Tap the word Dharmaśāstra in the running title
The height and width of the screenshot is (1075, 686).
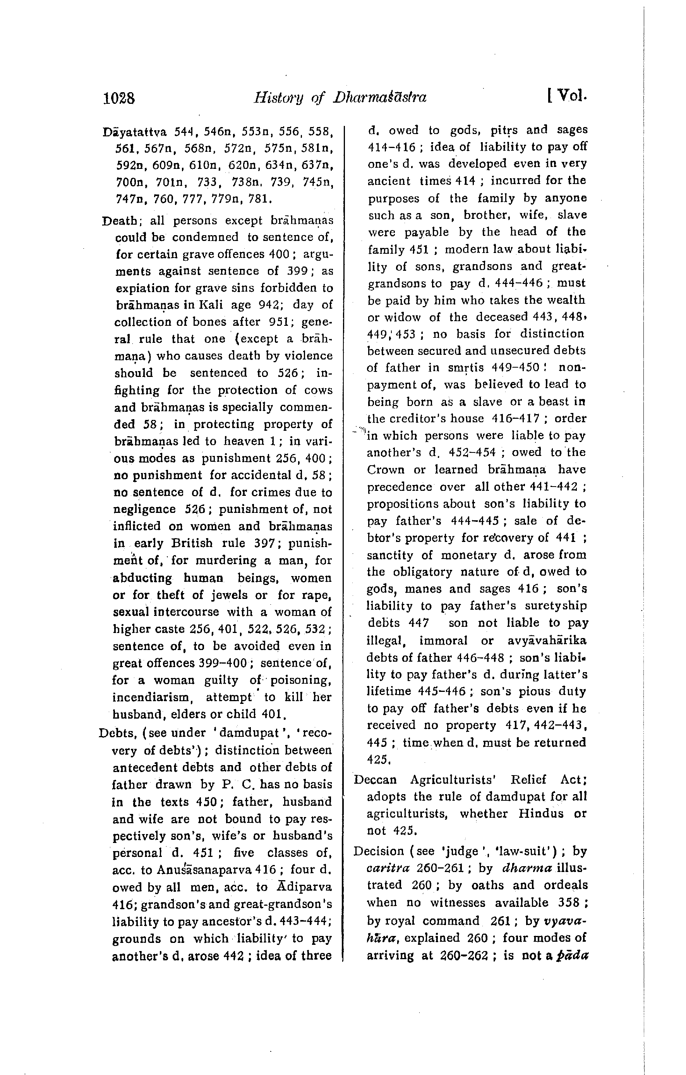pyautogui.click(x=379, y=97)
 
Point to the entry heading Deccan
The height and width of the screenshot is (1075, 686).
pyautogui.click(x=375, y=779)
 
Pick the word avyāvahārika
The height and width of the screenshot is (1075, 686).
pyautogui.click(x=547, y=641)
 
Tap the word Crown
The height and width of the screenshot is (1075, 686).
pyautogui.click(x=386, y=470)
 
